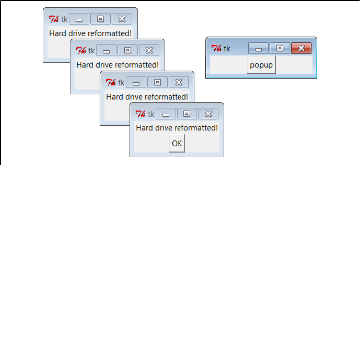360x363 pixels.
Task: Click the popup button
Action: coord(261,65)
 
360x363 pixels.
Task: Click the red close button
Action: coord(301,48)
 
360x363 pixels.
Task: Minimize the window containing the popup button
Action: coord(258,48)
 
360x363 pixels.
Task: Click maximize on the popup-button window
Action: coord(280,48)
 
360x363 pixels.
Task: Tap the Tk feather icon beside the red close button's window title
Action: coord(216,48)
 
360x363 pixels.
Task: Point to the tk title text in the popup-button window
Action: coord(227,48)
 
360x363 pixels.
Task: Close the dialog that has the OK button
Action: coord(208,114)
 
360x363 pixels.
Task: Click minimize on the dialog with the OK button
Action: coord(166,114)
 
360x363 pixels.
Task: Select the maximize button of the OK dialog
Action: coord(187,114)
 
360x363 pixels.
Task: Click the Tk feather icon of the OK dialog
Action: coord(141,114)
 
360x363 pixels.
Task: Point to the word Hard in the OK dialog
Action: coord(144,128)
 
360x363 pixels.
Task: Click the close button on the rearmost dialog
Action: coord(122,19)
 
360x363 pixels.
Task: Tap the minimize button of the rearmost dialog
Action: coord(79,19)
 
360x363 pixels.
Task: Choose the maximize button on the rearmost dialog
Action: coord(100,19)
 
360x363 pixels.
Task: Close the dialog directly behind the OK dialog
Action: coord(179,82)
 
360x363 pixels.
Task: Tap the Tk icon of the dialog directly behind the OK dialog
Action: coord(111,82)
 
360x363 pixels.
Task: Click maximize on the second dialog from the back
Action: coord(127,50)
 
